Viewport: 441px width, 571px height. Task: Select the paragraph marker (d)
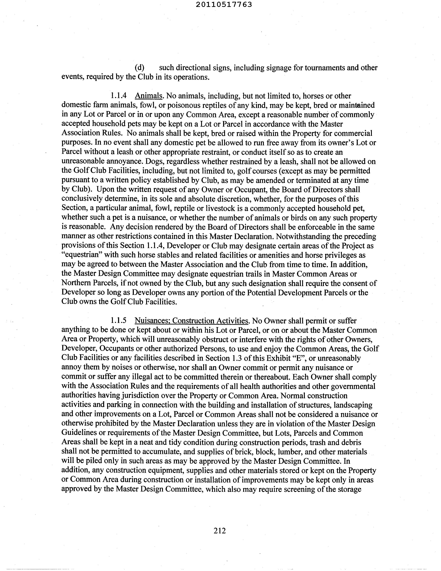139,68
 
